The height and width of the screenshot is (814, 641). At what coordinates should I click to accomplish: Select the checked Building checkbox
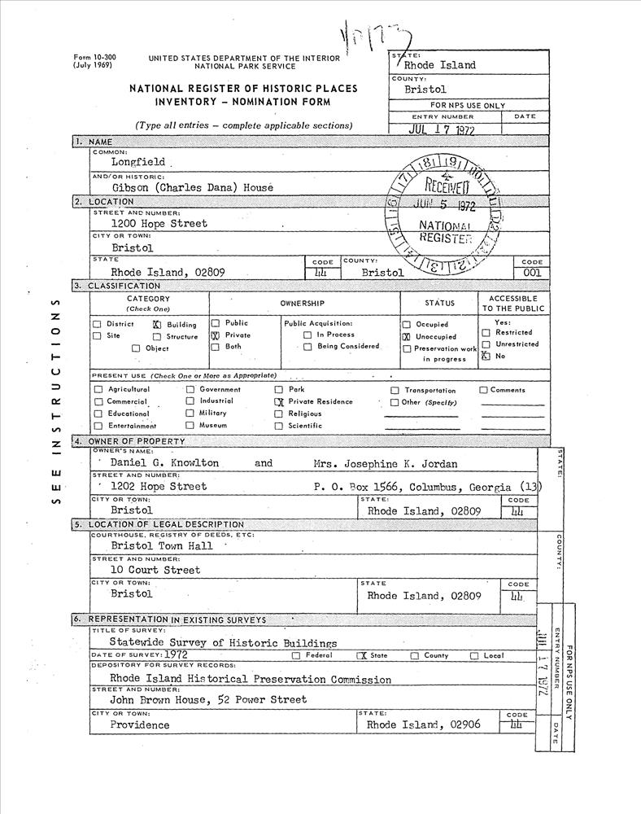[158, 324]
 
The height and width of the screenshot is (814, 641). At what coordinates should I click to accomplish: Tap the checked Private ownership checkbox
[216, 335]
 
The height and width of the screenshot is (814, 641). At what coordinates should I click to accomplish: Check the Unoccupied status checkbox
[406, 336]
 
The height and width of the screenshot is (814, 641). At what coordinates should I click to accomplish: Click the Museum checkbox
[190, 425]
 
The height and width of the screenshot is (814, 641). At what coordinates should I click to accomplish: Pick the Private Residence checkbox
[278, 401]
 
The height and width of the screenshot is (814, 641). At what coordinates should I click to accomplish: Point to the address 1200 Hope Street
[159, 223]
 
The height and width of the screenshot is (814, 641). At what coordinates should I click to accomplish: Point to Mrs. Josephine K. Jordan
[385, 464]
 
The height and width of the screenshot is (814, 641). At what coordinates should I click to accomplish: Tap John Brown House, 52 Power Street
[208, 699]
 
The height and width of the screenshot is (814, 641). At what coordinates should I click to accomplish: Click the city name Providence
[140, 724]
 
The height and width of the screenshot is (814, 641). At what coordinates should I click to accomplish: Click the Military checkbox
[190, 414]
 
